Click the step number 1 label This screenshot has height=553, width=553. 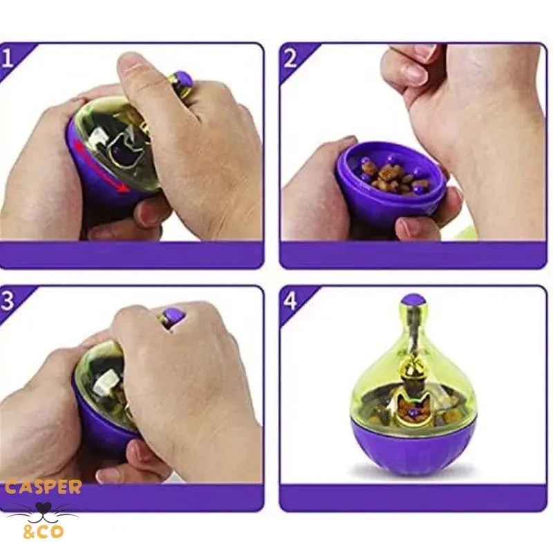pyautogui.click(x=7, y=59)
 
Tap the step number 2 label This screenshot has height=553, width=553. pyautogui.click(x=290, y=59)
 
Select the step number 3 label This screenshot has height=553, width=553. pyautogui.click(x=7, y=301)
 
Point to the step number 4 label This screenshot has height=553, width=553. pyautogui.click(x=290, y=301)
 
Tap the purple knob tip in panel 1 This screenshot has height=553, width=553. pyautogui.click(x=183, y=80)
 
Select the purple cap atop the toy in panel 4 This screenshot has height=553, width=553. pyautogui.click(x=413, y=301)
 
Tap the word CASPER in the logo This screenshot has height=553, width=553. pyautogui.click(x=44, y=488)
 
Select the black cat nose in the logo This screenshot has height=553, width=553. pyautogui.click(x=44, y=508)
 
